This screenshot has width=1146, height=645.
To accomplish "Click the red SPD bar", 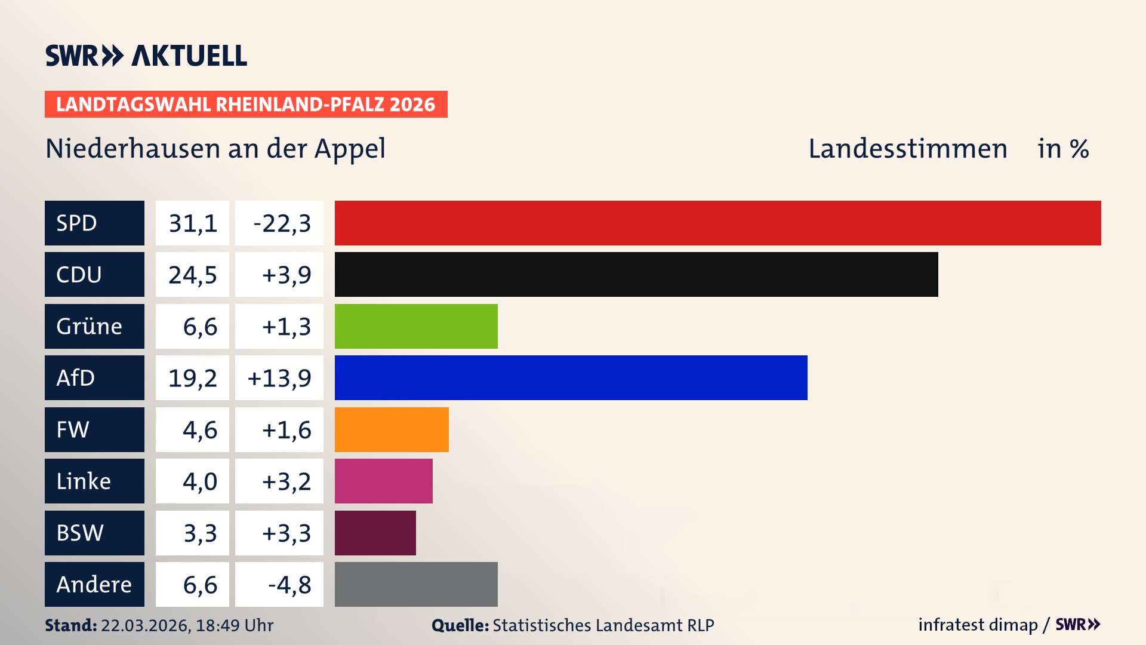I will click(717, 223).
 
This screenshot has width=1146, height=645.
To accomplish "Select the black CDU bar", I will click(636, 274).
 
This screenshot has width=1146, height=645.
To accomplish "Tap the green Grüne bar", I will click(416, 326).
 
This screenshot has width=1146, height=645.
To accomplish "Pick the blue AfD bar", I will click(571, 377).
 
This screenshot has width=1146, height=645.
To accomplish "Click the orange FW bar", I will click(392, 429).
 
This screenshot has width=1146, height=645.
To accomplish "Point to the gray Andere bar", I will click(416, 584).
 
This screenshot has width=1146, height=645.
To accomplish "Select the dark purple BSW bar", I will click(375, 533).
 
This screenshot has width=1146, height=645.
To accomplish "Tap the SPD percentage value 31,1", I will click(192, 223).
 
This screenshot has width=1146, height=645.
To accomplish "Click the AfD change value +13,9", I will click(279, 378).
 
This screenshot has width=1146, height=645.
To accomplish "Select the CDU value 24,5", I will click(192, 275).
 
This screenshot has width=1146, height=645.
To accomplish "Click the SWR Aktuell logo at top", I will click(146, 56).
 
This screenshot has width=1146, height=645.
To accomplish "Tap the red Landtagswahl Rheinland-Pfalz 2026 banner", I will click(246, 105).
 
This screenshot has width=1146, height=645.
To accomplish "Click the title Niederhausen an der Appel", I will click(215, 149).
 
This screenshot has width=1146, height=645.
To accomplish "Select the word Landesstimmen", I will click(907, 149).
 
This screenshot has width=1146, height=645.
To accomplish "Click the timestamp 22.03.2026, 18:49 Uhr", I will click(187, 625).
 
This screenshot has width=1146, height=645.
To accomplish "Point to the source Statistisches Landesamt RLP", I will click(603, 625).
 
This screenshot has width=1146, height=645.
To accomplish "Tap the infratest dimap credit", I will click(978, 625).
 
